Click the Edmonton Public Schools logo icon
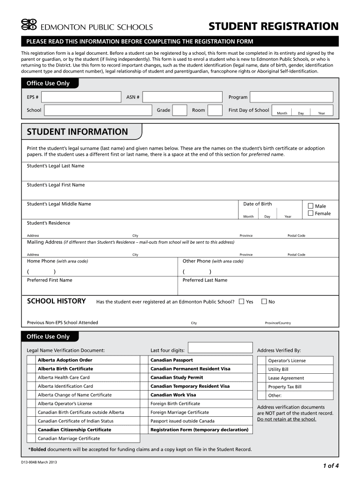(29, 26)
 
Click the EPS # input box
(81, 97)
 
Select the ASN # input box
(183, 97)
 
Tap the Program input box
(291, 97)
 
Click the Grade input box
(180, 110)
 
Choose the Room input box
(215, 110)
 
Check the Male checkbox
(311, 206)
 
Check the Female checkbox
(311, 213)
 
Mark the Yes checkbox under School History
(241, 302)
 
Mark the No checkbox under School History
(264, 302)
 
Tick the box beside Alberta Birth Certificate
(31, 369)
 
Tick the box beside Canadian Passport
(144, 360)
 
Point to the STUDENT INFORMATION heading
(77, 132)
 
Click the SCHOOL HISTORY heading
(56, 301)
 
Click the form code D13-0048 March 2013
(41, 463)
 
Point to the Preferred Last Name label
(205, 280)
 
